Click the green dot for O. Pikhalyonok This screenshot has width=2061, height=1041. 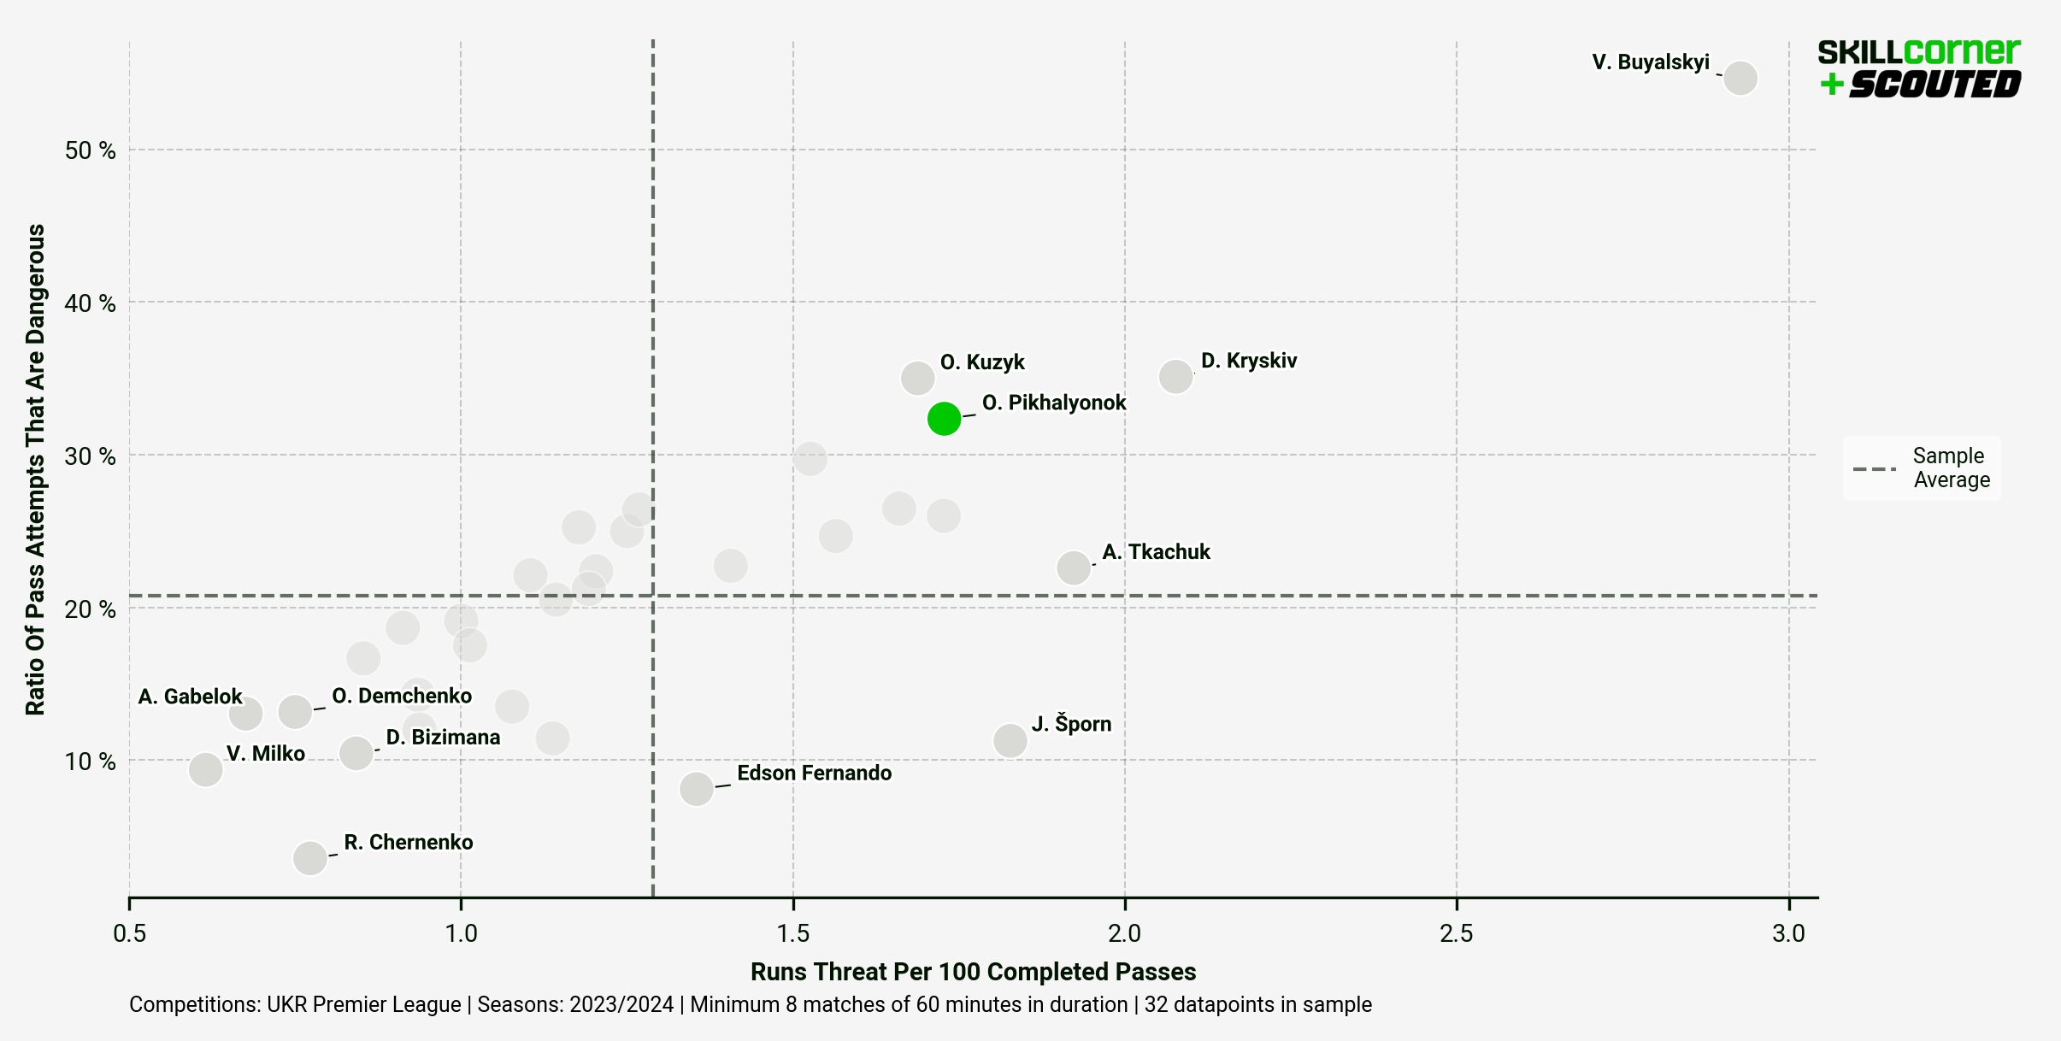coord(944,418)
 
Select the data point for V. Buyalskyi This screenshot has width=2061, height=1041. coord(1740,78)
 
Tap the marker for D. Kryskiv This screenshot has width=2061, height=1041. coord(1175,376)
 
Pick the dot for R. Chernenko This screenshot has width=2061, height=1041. coord(309,857)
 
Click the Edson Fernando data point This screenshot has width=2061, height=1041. coord(697,788)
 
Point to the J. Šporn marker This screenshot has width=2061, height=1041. coord(1010,740)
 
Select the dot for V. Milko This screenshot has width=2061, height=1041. coord(205,769)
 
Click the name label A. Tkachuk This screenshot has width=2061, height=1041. coord(1156,552)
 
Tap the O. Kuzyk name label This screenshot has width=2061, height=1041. coord(982,362)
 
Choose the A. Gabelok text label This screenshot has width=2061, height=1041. coord(190,697)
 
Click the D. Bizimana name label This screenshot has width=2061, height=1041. coord(443,737)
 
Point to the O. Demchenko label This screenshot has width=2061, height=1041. coord(402,696)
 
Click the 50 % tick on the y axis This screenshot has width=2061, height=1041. coord(90,150)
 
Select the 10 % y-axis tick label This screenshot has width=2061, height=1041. coord(90,761)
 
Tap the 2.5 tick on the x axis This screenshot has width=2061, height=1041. coord(1456,933)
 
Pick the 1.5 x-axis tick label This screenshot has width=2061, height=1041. coord(792,933)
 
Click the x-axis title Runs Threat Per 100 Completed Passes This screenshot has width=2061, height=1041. coord(973,972)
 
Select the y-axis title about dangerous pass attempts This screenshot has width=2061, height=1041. coord(35,469)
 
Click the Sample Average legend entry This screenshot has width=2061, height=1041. coord(1923,468)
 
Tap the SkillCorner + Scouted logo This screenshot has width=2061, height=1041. coord(1918,68)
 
